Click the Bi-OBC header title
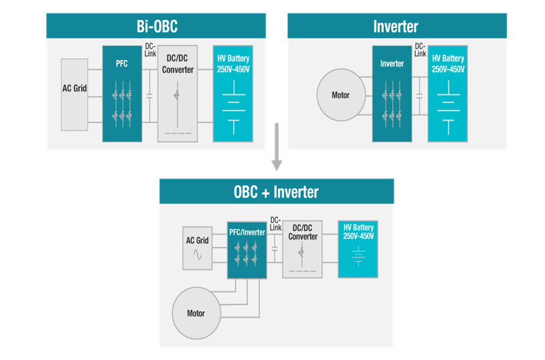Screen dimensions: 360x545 click(x=157, y=27)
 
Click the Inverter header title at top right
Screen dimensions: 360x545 click(x=396, y=27)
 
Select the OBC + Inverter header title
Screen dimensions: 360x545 click(x=276, y=192)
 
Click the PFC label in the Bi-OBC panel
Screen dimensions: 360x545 click(x=121, y=64)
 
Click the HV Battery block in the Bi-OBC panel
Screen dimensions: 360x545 click(x=233, y=94)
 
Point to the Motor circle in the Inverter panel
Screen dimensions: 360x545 click(x=341, y=95)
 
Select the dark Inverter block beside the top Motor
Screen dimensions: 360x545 click(x=392, y=94)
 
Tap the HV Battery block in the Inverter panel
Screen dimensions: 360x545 click(x=448, y=94)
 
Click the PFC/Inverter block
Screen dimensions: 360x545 click(x=247, y=250)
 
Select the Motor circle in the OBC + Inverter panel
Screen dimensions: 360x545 click(x=196, y=312)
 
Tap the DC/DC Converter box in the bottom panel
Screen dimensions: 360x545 click(x=303, y=250)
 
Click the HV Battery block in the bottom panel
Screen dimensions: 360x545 click(x=359, y=249)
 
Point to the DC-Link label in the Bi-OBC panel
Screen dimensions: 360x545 click(x=151, y=50)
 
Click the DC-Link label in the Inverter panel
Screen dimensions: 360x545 click(x=419, y=50)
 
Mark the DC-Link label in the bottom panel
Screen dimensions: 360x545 click(x=275, y=223)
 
